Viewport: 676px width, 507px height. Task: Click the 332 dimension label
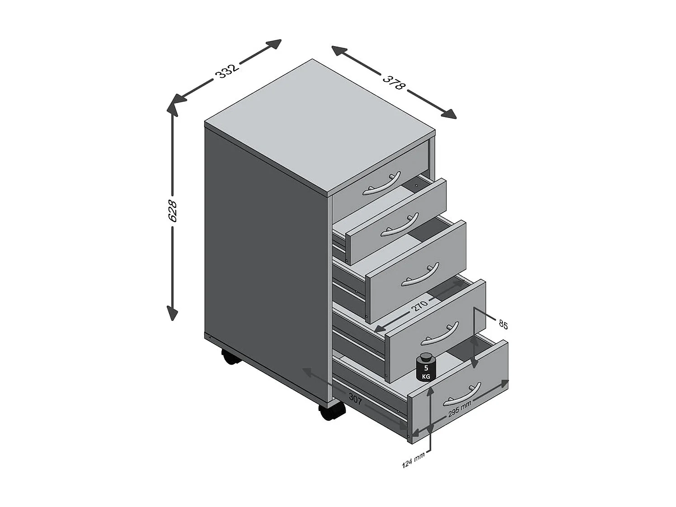click(x=227, y=71)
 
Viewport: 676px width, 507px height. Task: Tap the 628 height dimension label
click(x=173, y=211)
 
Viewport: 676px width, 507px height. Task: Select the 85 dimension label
click(x=503, y=325)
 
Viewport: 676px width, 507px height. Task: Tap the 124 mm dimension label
click(x=413, y=460)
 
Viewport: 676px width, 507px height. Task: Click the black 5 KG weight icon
click(x=426, y=367)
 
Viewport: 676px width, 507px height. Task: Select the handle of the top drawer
click(x=381, y=184)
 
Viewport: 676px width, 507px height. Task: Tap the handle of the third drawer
click(x=420, y=275)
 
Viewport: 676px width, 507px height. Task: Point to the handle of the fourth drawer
click(x=440, y=333)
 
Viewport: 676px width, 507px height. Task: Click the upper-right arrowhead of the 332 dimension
click(x=274, y=44)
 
